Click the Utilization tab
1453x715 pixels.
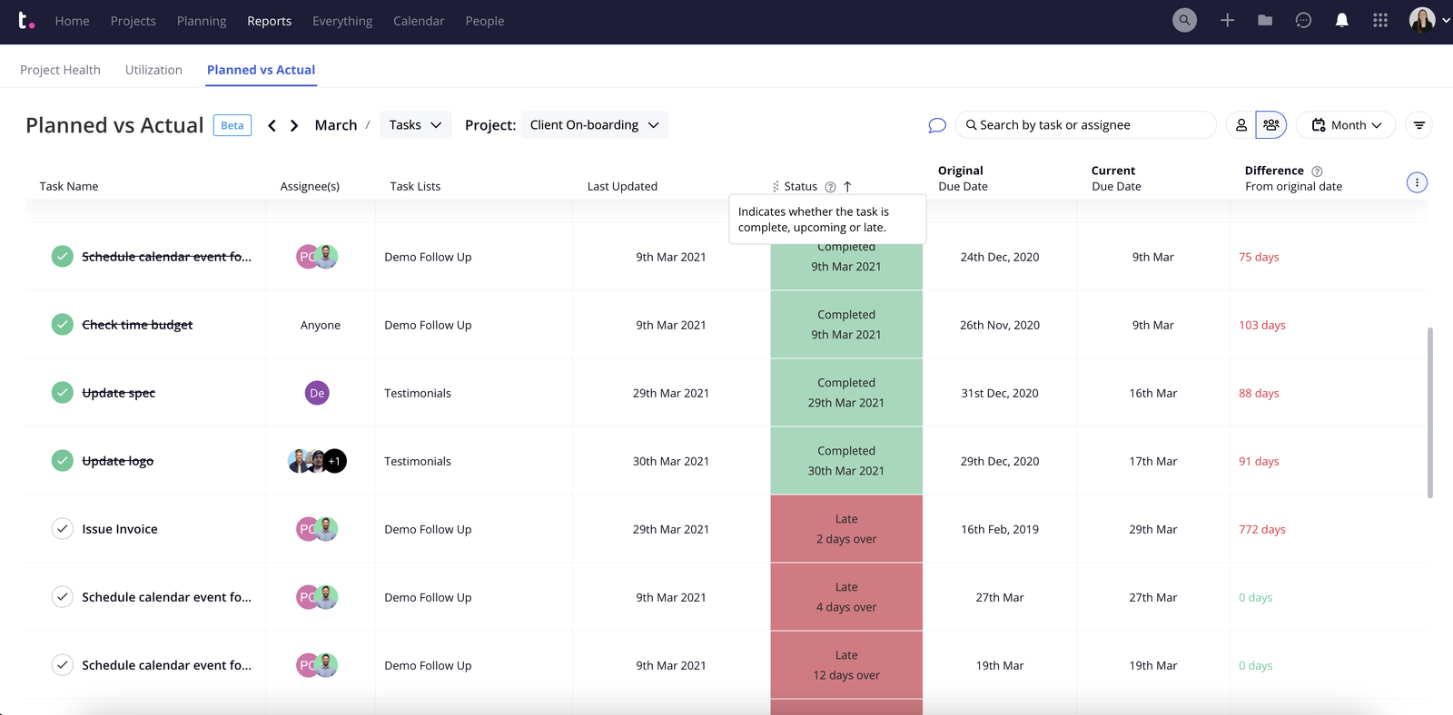pyautogui.click(x=153, y=70)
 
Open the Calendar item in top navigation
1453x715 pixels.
pyautogui.click(x=419, y=21)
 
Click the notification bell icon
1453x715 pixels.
pyautogui.click(x=1341, y=20)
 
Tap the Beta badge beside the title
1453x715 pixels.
pyautogui.click(x=232, y=125)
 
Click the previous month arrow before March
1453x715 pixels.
pyautogui.click(x=272, y=125)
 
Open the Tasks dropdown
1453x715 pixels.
pyautogui.click(x=415, y=125)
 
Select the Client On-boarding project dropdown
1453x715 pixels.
pyautogui.click(x=594, y=125)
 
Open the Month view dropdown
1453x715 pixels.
pyautogui.click(x=1347, y=125)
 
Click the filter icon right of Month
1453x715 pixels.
pyautogui.click(x=1418, y=125)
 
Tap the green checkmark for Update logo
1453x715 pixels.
pyautogui.click(x=62, y=461)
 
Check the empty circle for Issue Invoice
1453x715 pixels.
pyautogui.click(x=62, y=529)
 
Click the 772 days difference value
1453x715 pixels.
pyautogui.click(x=1261, y=529)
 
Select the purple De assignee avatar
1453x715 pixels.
pyautogui.click(x=317, y=393)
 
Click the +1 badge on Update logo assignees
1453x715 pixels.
pyautogui.click(x=335, y=461)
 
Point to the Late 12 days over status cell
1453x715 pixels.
pyautogui.click(x=845, y=665)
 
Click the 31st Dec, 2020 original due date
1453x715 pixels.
pyautogui.click(x=999, y=393)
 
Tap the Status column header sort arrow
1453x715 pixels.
pyautogui.click(x=847, y=186)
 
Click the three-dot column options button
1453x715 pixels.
pyautogui.click(x=1416, y=182)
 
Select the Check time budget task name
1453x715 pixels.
pyautogui.click(x=137, y=325)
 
